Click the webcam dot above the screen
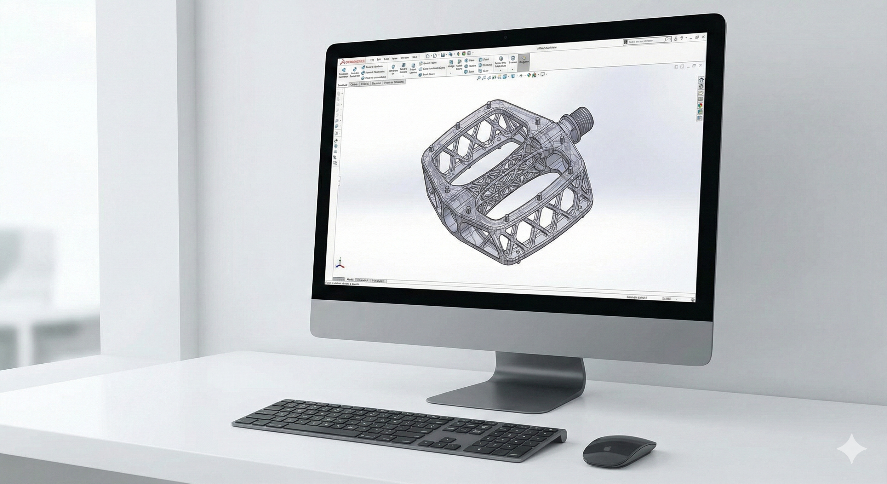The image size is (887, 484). coord(506,37)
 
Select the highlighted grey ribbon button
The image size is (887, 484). coord(524,62)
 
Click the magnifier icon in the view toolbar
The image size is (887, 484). coord(478,78)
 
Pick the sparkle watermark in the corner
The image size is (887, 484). coord(851,458)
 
